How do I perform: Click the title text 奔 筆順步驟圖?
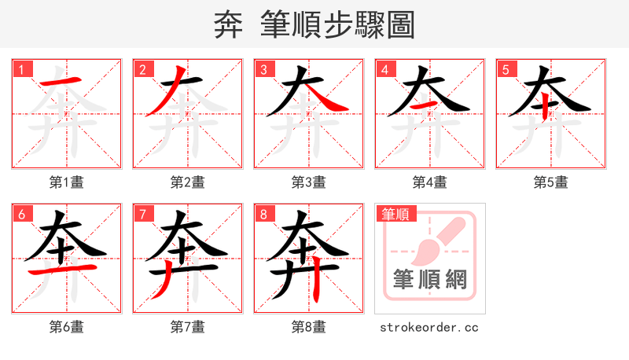(314, 24)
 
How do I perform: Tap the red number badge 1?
(21, 69)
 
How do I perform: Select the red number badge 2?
(142, 69)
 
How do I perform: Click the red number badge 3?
(263, 69)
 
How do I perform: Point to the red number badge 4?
(384, 69)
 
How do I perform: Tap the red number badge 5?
(506, 69)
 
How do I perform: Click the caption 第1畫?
(67, 182)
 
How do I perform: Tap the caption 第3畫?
(309, 182)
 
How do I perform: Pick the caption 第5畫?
(551, 182)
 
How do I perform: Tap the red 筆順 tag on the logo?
(395, 213)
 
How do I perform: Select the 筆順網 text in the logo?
(430, 280)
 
